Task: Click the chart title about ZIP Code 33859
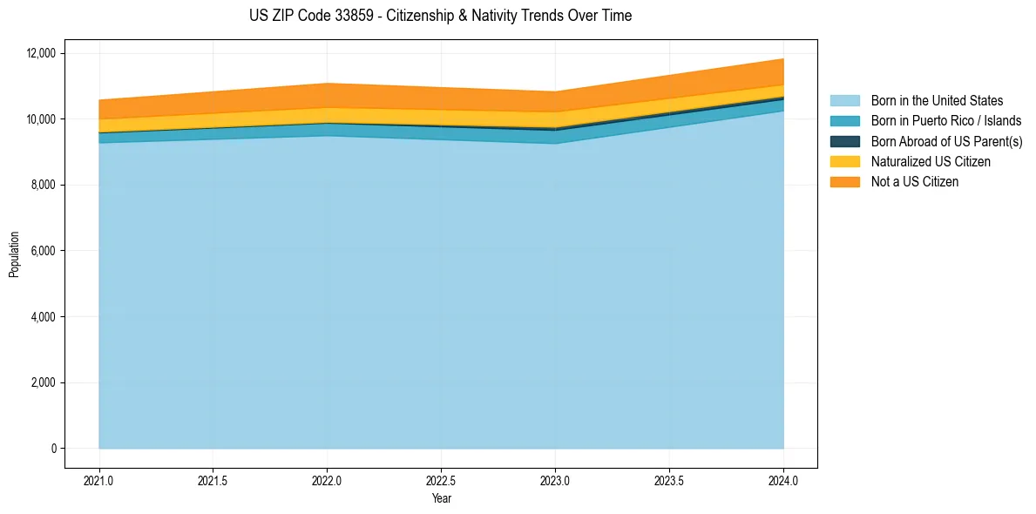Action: click(x=440, y=16)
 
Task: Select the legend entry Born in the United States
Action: click(x=937, y=101)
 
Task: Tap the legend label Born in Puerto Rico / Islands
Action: click(x=946, y=121)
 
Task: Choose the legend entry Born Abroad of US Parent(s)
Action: click(x=946, y=141)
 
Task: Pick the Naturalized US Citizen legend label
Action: click(x=931, y=162)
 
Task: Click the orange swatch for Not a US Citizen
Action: click(x=844, y=182)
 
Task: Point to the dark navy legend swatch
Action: click(x=844, y=141)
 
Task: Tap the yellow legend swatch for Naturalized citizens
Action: click(x=844, y=162)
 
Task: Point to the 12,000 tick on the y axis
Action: click(x=42, y=53)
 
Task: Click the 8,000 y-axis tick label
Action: click(x=44, y=185)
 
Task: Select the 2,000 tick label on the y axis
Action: click(x=44, y=382)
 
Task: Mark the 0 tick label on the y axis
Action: click(x=53, y=449)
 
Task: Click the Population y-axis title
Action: click(x=14, y=254)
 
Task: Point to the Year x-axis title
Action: click(x=441, y=499)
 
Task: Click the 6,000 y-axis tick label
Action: click(x=44, y=251)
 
